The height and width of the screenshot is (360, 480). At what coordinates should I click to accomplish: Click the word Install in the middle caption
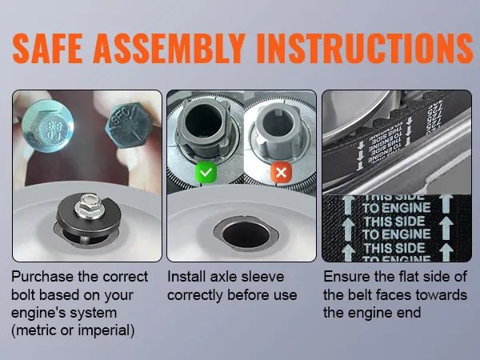click(186, 277)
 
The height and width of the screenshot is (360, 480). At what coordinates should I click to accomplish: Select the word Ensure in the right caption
click(346, 277)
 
